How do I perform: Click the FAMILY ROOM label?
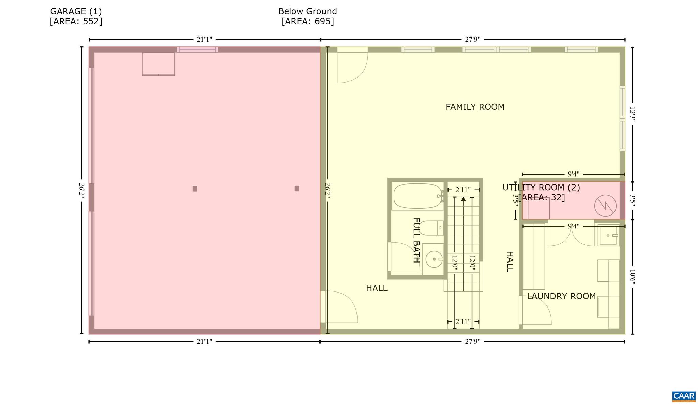475,107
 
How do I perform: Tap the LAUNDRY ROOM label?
561,296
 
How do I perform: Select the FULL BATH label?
416,240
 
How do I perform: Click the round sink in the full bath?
434,259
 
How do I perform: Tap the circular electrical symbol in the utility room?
605,206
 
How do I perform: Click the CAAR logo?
684,396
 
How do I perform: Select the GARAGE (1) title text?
76,11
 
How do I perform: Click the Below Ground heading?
307,11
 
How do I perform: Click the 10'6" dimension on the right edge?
632,277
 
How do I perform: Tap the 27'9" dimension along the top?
473,39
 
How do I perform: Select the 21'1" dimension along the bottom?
204,341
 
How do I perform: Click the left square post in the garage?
195,189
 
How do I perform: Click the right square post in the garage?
297,189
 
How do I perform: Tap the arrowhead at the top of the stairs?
463,199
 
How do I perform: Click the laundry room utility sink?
609,235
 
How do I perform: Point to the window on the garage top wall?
197,49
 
